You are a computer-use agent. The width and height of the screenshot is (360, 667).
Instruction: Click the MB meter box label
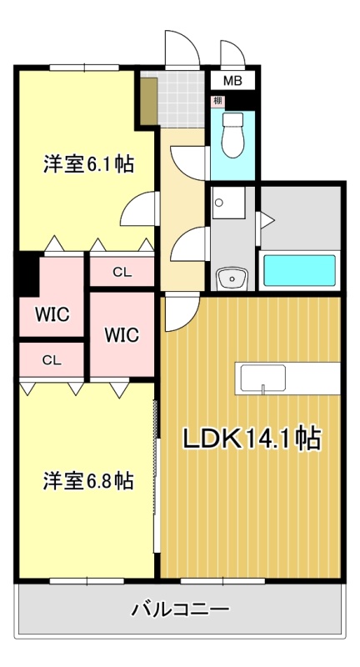[x=232, y=81]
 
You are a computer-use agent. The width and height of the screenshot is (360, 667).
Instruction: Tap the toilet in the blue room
[x=232, y=135]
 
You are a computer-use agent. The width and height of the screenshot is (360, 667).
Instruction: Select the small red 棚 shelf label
[x=217, y=102]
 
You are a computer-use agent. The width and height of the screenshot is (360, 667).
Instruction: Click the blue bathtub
[x=300, y=270]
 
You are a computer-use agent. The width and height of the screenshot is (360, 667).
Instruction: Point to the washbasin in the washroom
[x=232, y=278]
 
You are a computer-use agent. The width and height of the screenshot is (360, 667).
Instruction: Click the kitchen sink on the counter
[x=262, y=378]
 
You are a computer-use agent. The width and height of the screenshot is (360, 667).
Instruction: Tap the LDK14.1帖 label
[x=252, y=439]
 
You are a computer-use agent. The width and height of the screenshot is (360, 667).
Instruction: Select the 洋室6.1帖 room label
[x=88, y=163]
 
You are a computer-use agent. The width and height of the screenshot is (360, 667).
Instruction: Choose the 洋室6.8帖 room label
[x=88, y=481]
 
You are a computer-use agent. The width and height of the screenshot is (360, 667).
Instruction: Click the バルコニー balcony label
[x=180, y=609]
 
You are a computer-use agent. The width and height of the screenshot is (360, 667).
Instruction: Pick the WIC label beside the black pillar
[x=52, y=315]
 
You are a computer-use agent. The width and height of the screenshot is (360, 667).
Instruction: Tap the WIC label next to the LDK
[x=122, y=335]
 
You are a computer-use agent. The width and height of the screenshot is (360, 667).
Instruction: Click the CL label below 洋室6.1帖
[x=122, y=273]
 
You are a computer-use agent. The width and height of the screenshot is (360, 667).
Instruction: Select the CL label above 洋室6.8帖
[x=52, y=360]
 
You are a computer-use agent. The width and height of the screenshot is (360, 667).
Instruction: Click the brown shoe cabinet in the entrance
[x=149, y=101]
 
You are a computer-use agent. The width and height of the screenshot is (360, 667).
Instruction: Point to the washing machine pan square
[x=228, y=203]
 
